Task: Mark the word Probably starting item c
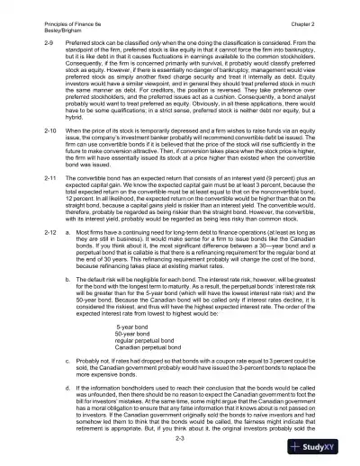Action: coord(93,384)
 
